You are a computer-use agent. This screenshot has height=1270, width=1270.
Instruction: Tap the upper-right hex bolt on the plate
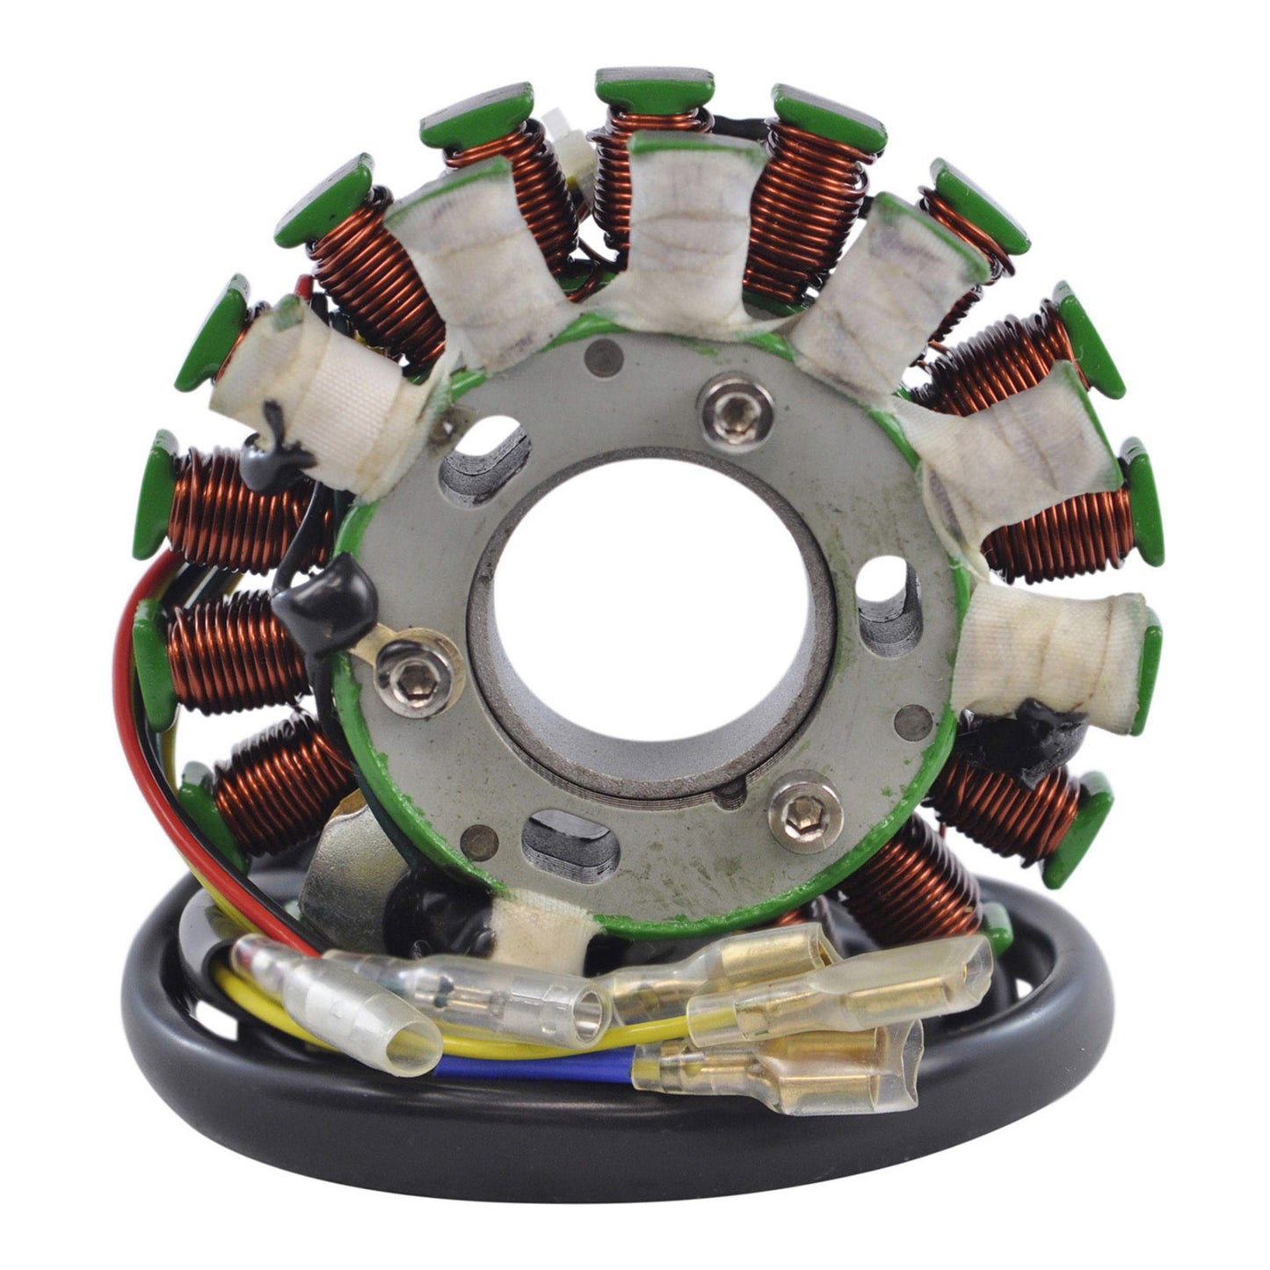coord(738,410)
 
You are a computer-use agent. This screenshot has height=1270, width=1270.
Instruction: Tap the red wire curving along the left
coord(123,703)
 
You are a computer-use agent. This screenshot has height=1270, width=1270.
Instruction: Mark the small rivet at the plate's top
coord(601,356)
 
